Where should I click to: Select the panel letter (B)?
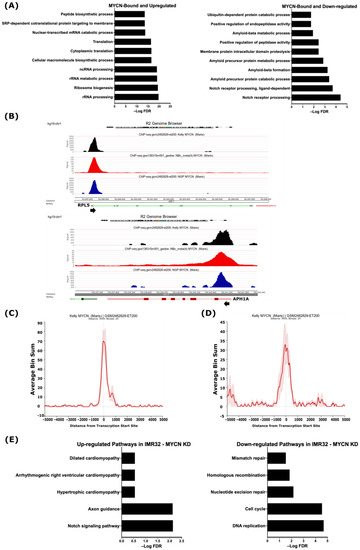9,118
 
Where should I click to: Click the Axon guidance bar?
151,507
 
